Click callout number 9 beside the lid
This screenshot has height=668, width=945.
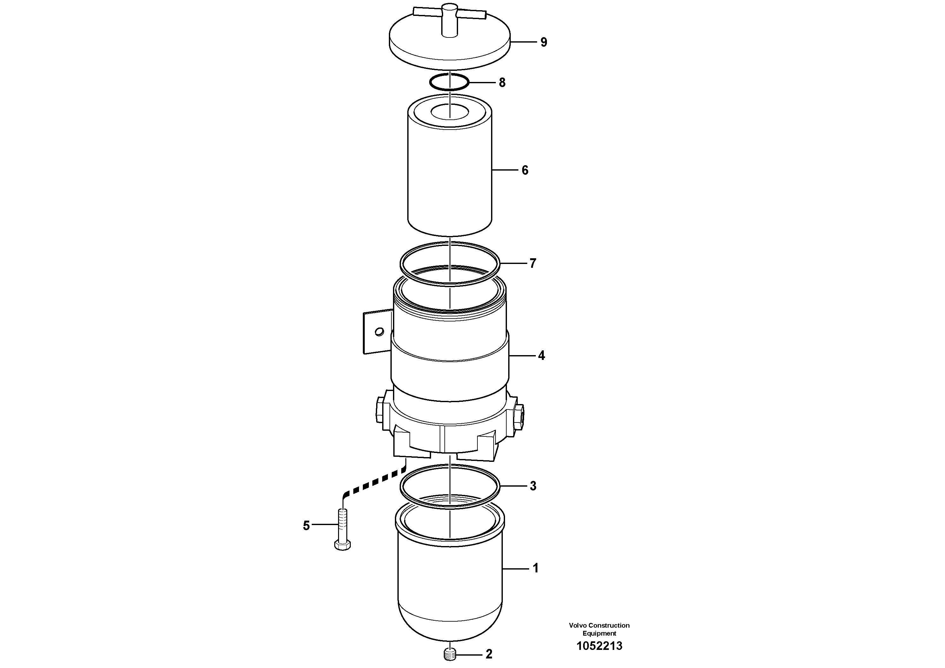pos(544,43)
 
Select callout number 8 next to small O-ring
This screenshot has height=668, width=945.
pos(502,83)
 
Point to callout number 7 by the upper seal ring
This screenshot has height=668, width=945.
pos(533,263)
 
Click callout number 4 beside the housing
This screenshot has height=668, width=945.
pos(541,355)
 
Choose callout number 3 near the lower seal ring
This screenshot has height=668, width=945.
pos(533,486)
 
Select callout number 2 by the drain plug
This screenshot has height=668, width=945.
pos(489,654)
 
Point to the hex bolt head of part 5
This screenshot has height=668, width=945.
pos(343,546)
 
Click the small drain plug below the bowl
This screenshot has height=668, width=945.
pos(451,654)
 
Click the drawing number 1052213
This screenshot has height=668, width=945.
pos(599,646)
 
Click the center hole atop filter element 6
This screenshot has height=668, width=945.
pos(450,111)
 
